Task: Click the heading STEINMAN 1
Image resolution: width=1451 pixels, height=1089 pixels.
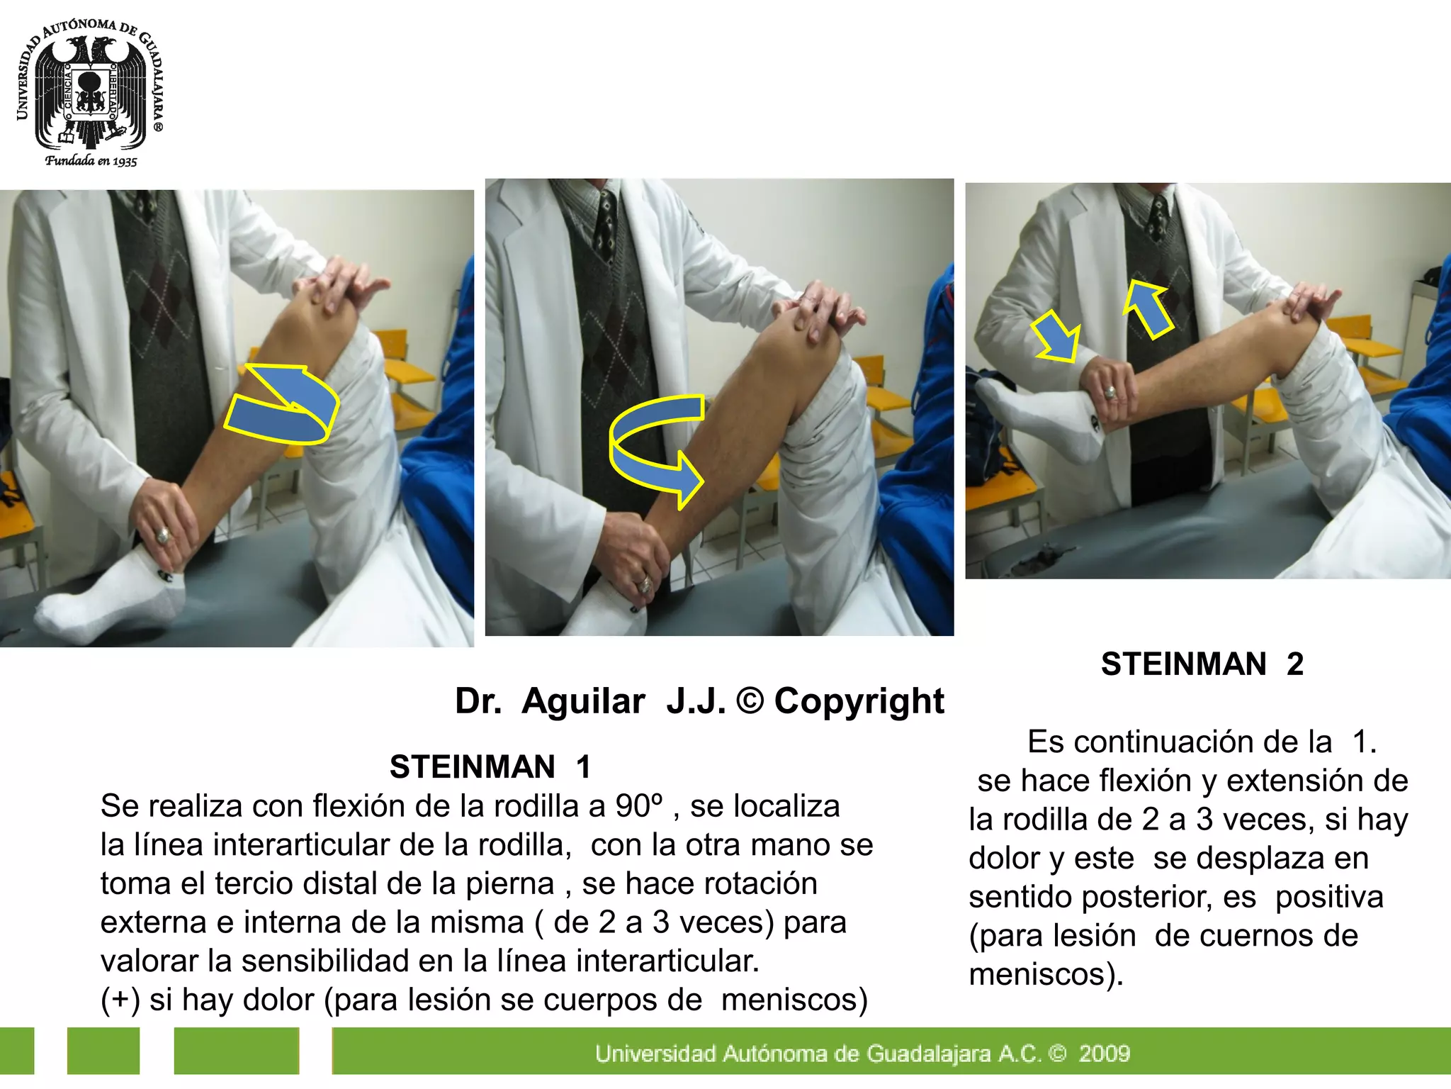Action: click(490, 767)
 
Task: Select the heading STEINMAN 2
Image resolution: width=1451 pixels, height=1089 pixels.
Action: click(1202, 664)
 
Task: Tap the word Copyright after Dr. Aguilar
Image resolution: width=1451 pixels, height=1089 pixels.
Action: click(859, 701)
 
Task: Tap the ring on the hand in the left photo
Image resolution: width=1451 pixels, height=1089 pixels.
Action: click(164, 535)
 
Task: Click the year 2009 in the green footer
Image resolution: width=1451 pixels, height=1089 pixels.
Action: click(1104, 1054)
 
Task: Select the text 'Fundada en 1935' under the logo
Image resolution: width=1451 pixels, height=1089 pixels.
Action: click(91, 161)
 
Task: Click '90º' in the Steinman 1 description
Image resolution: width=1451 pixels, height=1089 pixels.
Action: click(638, 806)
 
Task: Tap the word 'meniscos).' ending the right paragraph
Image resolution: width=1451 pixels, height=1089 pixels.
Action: click(1046, 974)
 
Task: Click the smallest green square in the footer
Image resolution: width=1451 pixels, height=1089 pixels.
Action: click(16, 1051)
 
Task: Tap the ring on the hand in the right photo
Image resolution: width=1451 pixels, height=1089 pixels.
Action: click(1110, 392)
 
